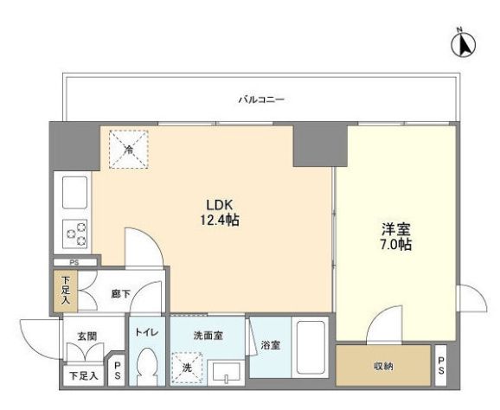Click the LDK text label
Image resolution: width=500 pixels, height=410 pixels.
215,205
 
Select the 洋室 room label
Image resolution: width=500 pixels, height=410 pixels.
395,229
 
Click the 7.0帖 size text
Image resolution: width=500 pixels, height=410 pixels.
395,245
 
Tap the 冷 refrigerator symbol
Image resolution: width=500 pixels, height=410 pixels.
129,149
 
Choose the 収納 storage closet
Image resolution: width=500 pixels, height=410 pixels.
383,366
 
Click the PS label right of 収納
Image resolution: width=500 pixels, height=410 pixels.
441,365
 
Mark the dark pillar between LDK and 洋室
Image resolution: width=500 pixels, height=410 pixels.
313,144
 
